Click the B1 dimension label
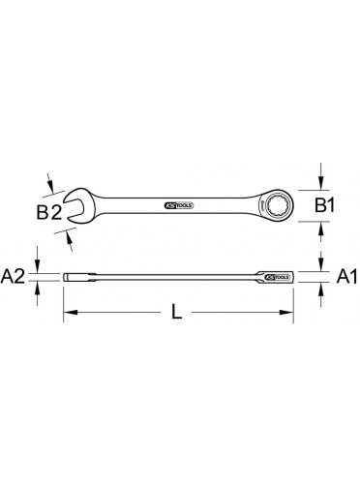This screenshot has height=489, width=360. pyautogui.click(x=325, y=205)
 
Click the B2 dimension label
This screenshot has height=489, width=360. pyautogui.click(x=48, y=213)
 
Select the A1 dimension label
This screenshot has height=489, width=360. pyautogui.click(x=346, y=277)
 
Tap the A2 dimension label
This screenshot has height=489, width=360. pyautogui.click(x=13, y=277)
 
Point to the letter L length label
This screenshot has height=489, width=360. pyautogui.click(x=176, y=312)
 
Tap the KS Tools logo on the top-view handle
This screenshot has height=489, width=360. pyautogui.click(x=179, y=205)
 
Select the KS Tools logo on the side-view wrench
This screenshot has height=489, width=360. pyautogui.click(x=278, y=277)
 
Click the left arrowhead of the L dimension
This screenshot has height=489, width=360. pyautogui.click(x=71, y=312)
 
